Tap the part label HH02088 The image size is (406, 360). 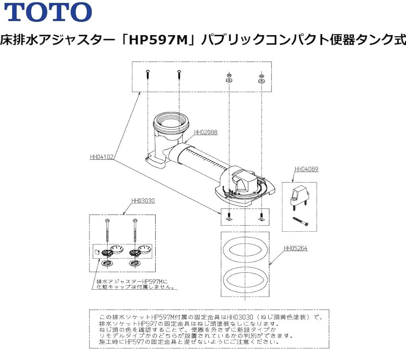205,132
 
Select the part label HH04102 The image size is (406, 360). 101,156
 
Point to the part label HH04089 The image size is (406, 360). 306,169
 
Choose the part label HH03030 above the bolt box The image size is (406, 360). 143,200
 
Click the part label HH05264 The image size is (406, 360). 296,248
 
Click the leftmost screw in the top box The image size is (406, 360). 148,75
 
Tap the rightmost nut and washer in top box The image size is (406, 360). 261,78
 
